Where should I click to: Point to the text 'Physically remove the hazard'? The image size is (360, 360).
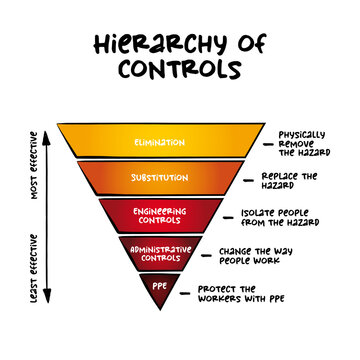point(305,142)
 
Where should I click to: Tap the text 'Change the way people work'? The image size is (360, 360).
point(266,256)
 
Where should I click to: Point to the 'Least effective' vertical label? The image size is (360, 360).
point(35,267)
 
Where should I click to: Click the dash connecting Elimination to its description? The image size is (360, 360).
point(269,143)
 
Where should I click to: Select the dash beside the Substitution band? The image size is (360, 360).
point(251,179)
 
